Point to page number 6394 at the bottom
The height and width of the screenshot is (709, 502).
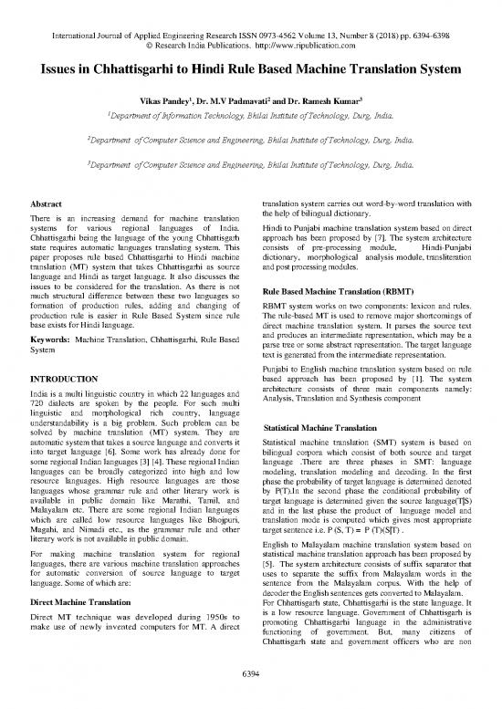click(x=250, y=697)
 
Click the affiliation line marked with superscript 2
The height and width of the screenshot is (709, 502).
click(x=251, y=141)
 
